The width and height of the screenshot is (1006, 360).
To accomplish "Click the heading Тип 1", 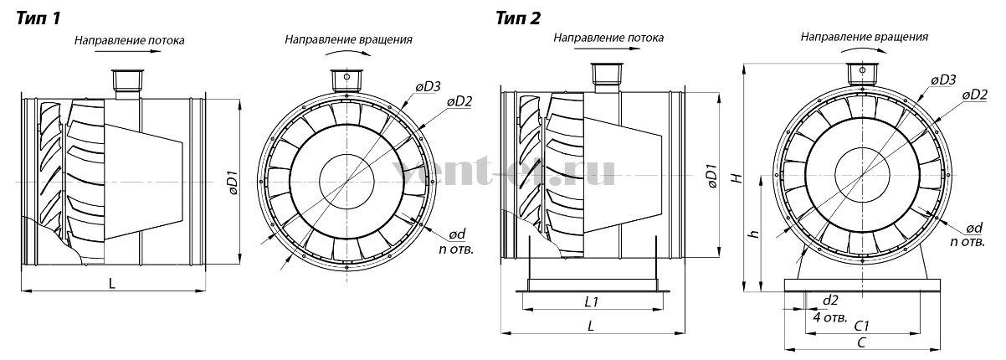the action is [x=38, y=19].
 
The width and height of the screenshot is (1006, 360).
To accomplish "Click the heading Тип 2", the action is [x=518, y=18].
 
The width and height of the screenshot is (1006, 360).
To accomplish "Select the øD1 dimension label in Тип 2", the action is [x=712, y=177].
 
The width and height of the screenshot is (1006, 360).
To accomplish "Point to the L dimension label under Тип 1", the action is [x=112, y=283].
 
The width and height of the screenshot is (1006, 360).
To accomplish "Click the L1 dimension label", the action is [x=592, y=301].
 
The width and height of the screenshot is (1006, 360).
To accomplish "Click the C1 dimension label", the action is [x=861, y=326].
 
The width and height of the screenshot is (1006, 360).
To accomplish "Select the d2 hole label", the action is [x=830, y=301].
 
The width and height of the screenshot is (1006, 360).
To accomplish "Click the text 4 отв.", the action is [x=830, y=317].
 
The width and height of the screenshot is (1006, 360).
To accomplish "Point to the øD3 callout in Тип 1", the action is [x=428, y=86].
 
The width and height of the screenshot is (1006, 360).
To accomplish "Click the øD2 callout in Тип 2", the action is [x=975, y=95].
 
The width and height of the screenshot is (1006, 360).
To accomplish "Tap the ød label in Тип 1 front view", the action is [x=457, y=234].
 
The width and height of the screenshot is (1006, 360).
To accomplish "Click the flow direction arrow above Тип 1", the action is [x=128, y=52].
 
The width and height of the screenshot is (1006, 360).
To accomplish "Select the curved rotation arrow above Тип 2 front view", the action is [x=864, y=48].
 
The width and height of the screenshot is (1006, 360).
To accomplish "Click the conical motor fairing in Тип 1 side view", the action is [x=143, y=182].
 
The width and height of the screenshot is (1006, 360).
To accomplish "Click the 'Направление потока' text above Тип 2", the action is [x=608, y=38].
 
